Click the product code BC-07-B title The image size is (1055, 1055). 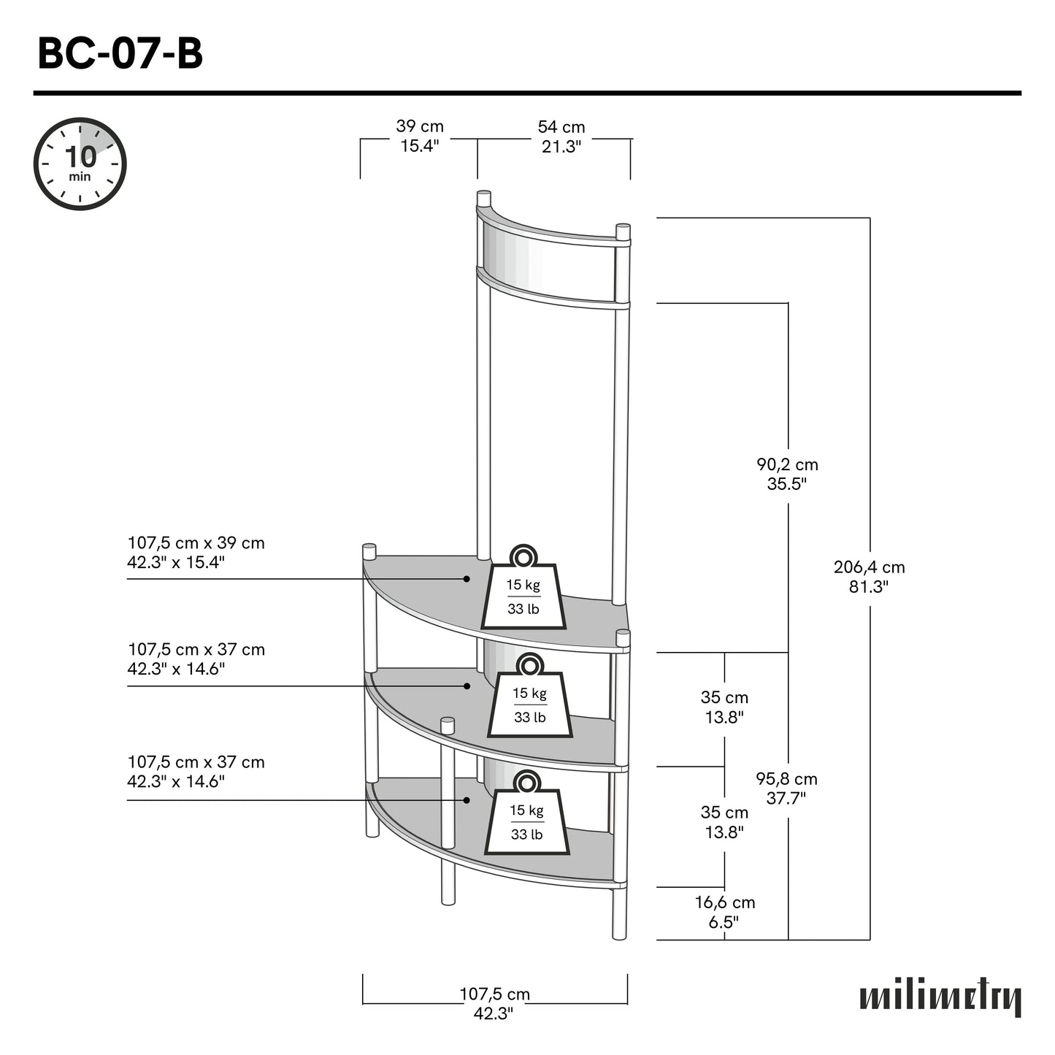point(120,54)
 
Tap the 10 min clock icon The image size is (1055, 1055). point(80,164)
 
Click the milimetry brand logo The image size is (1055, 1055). point(940,999)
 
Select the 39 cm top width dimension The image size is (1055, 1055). point(420,137)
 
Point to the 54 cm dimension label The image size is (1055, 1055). point(561,137)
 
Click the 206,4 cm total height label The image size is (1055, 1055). point(869,577)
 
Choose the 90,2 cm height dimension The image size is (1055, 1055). point(787,474)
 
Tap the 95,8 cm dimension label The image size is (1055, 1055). point(786,789)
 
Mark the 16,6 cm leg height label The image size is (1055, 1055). point(724,912)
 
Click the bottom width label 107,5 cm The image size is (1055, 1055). point(494,1003)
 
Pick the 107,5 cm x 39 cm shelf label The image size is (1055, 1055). point(196,553)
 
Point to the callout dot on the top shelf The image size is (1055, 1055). point(466,579)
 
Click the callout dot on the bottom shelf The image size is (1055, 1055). point(466,800)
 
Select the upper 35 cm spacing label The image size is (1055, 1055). point(724,707)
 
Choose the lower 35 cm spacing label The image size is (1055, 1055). point(724,822)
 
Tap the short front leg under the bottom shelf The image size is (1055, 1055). point(448,883)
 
